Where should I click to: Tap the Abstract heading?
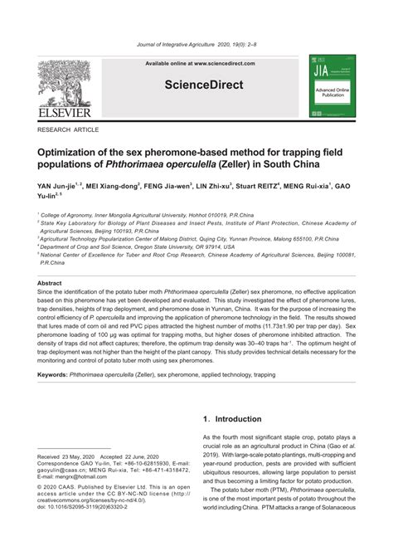point(50,283)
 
